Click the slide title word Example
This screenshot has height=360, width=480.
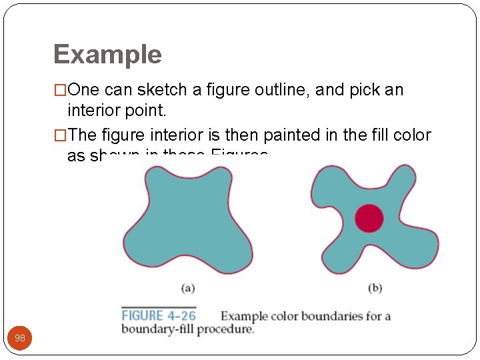[107, 55]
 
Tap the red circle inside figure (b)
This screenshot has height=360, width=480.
[369, 218]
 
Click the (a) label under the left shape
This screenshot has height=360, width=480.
[188, 288]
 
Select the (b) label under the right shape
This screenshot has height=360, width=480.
[375, 288]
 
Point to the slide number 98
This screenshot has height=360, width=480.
[20, 338]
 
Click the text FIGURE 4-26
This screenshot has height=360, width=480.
[159, 316]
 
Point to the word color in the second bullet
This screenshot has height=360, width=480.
[412, 135]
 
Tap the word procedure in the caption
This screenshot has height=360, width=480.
[226, 329]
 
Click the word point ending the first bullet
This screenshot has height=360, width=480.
[147, 109]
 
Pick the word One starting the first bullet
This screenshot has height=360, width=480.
[83, 90]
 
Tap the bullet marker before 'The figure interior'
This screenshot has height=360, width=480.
[60, 135]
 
